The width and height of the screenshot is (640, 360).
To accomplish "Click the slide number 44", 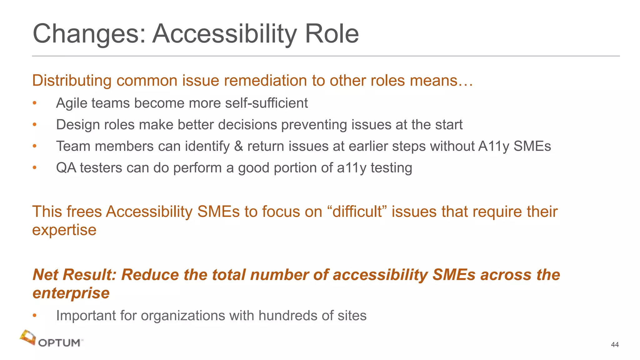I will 615,345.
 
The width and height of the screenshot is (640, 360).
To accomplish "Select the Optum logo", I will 52,339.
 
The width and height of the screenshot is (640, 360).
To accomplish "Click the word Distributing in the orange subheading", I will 72,81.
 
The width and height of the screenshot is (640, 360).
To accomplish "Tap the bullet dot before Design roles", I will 35,125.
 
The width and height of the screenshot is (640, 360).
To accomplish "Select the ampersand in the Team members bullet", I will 238,146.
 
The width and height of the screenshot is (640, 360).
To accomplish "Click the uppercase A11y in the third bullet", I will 494,146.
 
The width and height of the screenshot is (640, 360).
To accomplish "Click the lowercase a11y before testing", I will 352,168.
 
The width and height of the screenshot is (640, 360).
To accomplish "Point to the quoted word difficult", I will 357,212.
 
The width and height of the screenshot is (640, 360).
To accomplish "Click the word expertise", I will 64,230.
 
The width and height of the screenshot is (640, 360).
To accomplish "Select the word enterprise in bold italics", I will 71,293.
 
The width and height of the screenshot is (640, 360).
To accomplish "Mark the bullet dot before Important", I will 35,316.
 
